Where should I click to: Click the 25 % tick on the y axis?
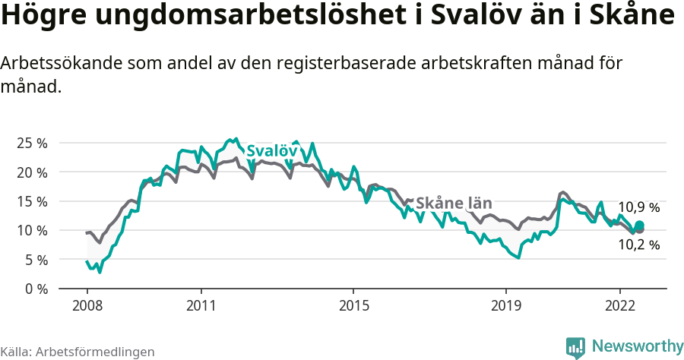pos(31,143)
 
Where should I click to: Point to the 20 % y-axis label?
pos(31,172)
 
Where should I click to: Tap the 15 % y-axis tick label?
pos(31,201)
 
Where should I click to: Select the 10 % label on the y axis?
pos(31,230)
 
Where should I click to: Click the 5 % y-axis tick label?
pos(35,260)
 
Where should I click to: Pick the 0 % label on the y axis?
pos(35,289)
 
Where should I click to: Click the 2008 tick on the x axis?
pos(87,305)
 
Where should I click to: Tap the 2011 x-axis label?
pos(201,305)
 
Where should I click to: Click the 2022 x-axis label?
pos(619,305)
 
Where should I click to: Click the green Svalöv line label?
pos(271,151)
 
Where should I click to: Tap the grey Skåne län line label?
pos(454,203)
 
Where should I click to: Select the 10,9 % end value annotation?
pos(638,207)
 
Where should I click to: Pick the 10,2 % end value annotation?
pos(638,245)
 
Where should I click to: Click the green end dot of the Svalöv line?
pos(640,225)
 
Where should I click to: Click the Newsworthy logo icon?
pos(575,347)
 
